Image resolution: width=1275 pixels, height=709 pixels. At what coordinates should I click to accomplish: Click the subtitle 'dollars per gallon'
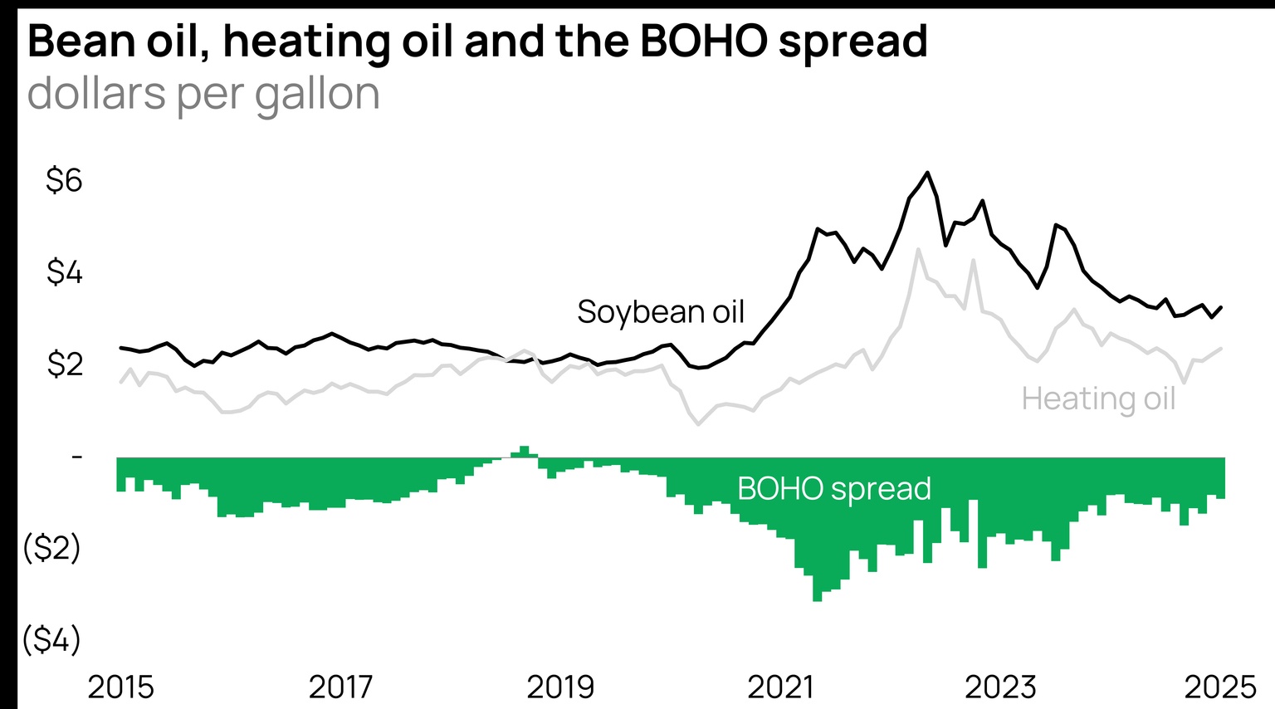coord(203,94)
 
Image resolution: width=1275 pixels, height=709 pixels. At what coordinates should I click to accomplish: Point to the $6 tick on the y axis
coord(64,180)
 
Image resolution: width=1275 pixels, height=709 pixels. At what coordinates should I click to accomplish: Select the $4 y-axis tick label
coord(64,272)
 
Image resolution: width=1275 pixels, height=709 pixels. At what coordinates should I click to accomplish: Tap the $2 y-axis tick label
coord(64,364)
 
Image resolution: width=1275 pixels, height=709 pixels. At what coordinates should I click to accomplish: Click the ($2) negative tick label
coord(51,548)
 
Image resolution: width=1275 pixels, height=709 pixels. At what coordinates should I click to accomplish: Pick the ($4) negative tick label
coord(51,639)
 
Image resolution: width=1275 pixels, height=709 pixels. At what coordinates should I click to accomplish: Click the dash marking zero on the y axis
coord(77,456)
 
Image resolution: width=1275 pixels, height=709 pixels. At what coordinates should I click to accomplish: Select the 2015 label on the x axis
coord(120,687)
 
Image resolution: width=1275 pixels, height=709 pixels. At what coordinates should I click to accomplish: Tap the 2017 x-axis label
coord(340,687)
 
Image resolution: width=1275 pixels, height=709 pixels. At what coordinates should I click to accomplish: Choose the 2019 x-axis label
coord(560,687)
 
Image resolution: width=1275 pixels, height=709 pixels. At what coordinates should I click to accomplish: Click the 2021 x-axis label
coord(780,687)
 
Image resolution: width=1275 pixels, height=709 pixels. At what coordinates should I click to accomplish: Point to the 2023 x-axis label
coord(1000,687)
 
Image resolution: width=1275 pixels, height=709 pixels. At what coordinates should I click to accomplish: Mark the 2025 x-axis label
coord(1220,687)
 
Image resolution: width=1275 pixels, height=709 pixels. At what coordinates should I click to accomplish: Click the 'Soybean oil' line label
coord(661,312)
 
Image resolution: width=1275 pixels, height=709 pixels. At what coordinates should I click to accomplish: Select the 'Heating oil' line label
coord(1098,399)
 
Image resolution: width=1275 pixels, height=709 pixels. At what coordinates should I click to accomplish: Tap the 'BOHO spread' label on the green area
coord(833,488)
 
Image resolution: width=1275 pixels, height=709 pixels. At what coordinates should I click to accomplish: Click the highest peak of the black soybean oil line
coord(927,173)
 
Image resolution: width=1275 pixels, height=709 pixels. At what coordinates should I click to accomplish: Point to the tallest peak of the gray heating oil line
coord(918,249)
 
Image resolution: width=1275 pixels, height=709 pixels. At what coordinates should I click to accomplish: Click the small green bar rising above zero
coord(524,452)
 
